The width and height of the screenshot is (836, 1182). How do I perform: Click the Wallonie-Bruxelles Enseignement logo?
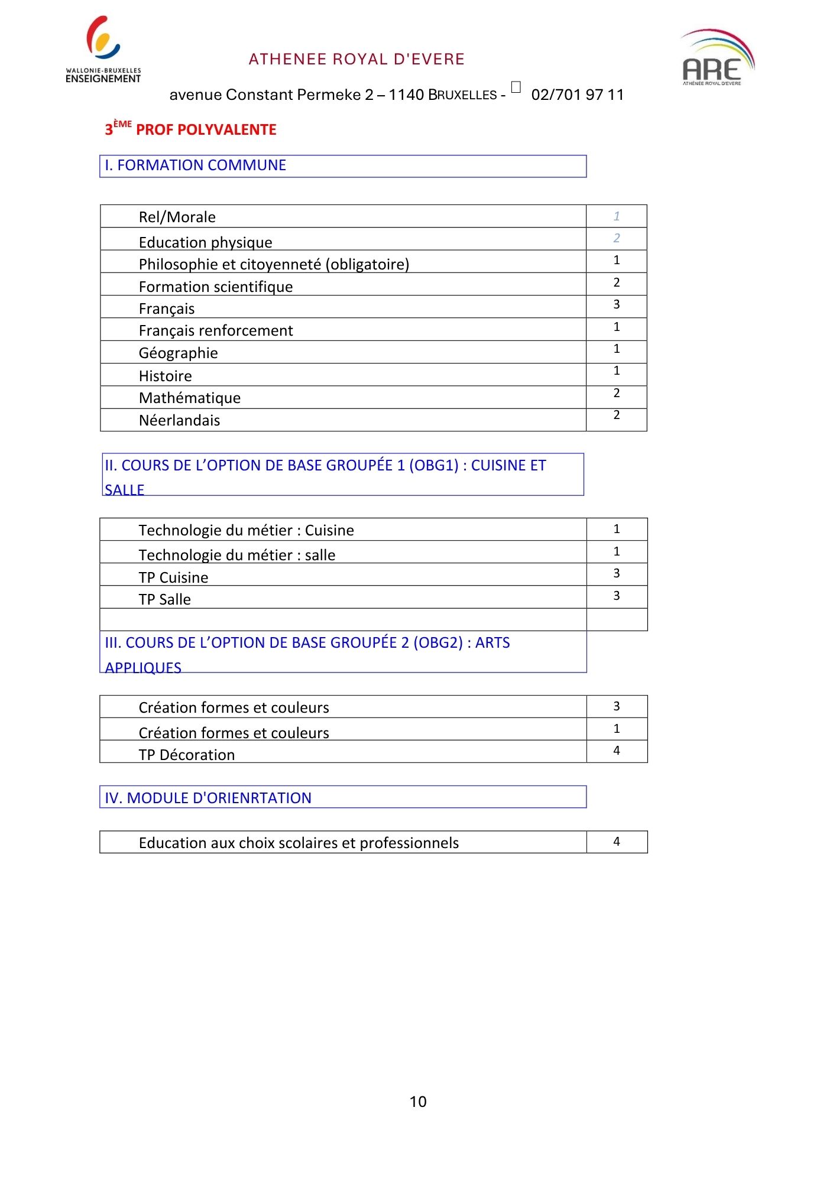(x=103, y=50)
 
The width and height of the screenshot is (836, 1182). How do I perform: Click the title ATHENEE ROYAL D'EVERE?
(x=357, y=59)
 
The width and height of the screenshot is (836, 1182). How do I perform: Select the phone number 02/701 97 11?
(x=577, y=95)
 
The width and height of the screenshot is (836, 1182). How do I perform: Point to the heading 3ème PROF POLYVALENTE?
(x=190, y=129)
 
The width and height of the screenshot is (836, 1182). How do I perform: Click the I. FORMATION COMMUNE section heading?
(x=196, y=165)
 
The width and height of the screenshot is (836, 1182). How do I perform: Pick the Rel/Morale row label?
(x=177, y=217)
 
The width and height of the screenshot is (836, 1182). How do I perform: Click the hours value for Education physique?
(x=616, y=238)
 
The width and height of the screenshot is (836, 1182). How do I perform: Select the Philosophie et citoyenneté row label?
(x=274, y=264)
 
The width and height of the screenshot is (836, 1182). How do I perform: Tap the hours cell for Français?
(x=616, y=304)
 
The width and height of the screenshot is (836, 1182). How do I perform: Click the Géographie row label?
(x=179, y=353)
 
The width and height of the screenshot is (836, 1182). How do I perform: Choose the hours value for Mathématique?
(x=616, y=393)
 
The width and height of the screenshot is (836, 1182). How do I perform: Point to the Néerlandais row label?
(x=180, y=420)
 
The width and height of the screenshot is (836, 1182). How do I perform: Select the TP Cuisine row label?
(x=174, y=577)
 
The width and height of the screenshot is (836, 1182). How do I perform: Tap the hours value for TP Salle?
(x=616, y=596)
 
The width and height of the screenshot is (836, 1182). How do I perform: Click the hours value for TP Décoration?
(x=616, y=751)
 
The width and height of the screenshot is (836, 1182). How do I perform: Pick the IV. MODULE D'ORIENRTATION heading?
(x=208, y=798)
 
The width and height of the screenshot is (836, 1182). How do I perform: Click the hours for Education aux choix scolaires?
(x=616, y=842)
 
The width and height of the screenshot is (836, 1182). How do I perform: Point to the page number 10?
(x=418, y=1102)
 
